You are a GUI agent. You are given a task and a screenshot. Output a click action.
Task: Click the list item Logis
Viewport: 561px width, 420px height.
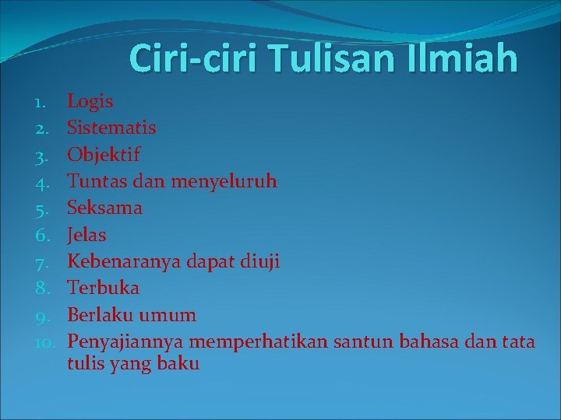(x=90, y=102)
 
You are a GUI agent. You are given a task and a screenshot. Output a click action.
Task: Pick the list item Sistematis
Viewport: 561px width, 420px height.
(x=111, y=128)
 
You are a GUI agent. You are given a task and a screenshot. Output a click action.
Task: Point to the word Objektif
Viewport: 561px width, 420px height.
(x=104, y=154)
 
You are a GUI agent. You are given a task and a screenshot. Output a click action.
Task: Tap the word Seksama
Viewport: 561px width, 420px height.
(x=104, y=208)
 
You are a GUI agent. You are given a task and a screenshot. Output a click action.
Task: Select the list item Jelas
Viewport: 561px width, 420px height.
(x=86, y=234)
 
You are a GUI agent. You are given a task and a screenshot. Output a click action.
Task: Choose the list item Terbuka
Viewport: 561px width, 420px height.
(x=103, y=288)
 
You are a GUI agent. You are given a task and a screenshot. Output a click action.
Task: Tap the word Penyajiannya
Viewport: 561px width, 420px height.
(x=125, y=341)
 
